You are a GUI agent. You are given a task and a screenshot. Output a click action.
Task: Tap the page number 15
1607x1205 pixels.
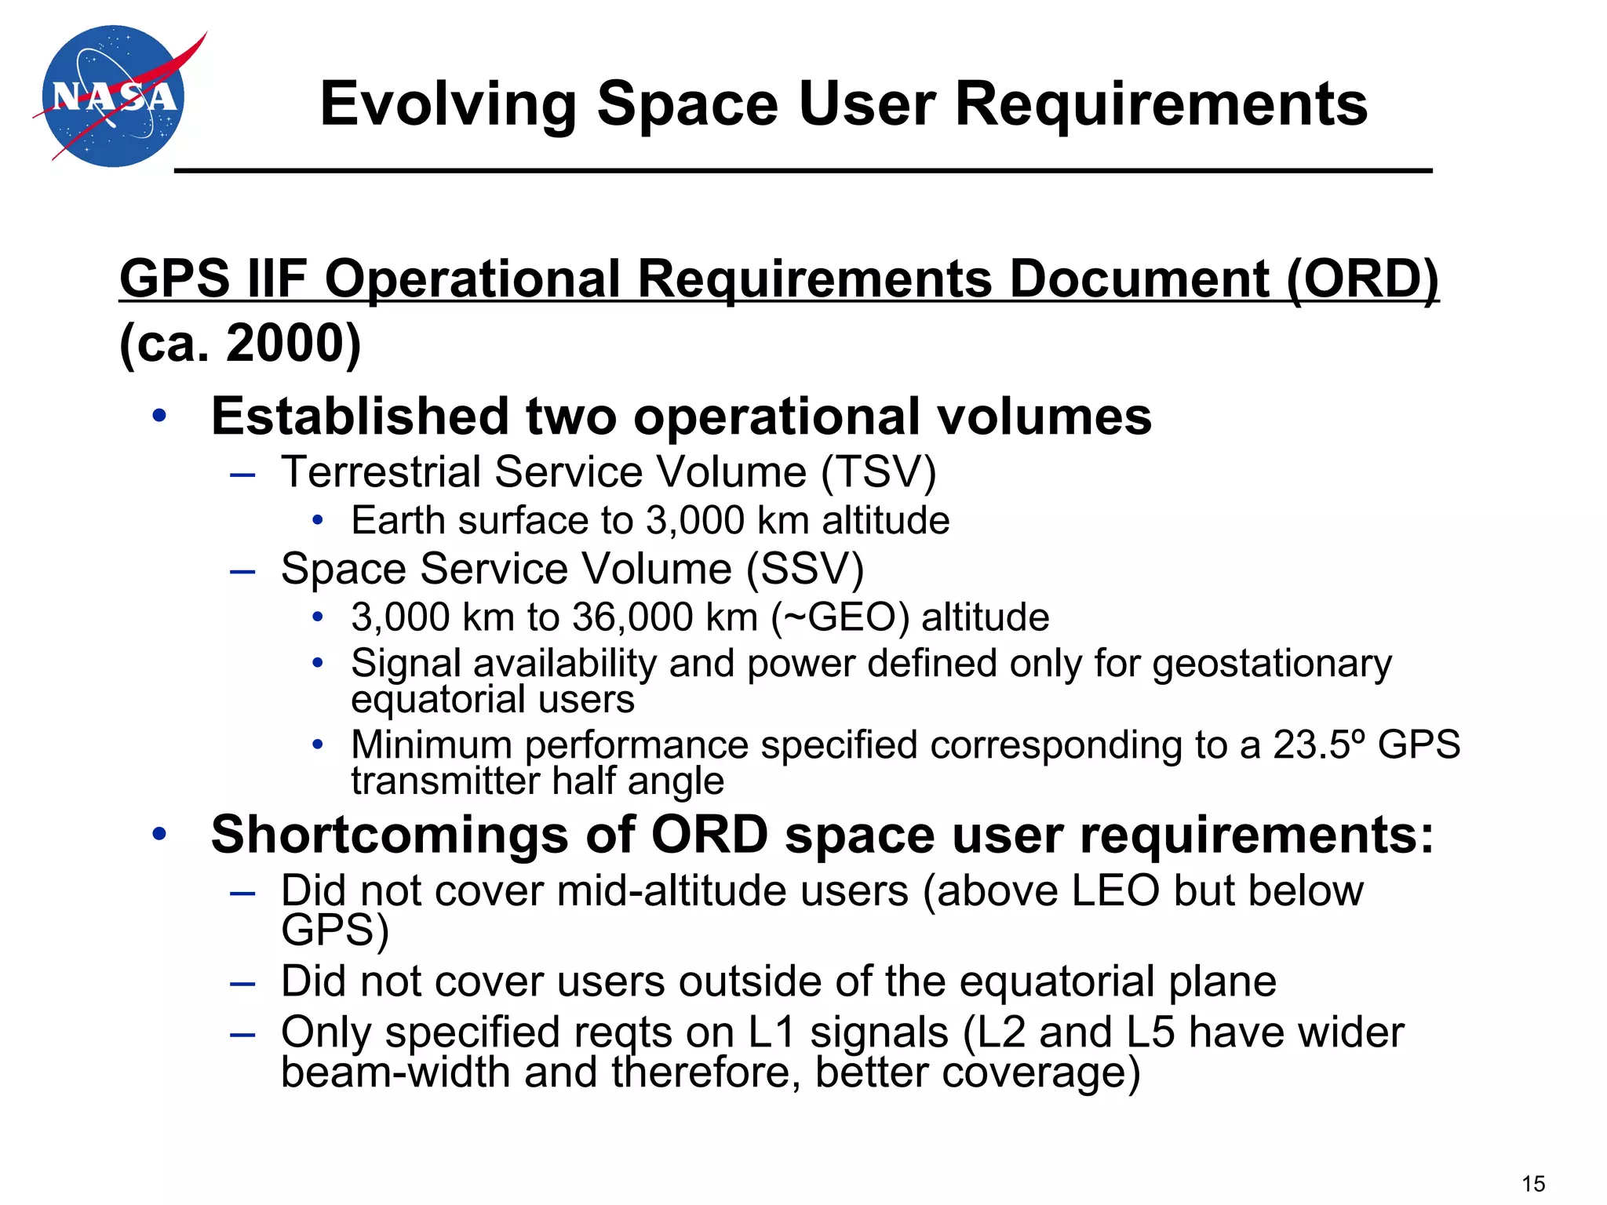pos(1533,1183)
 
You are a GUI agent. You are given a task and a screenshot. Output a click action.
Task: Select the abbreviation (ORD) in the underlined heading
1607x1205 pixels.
pos(1362,278)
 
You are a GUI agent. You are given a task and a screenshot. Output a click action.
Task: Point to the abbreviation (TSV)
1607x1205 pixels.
pos(879,472)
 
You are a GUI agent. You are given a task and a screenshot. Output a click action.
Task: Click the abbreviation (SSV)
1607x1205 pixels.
pos(805,569)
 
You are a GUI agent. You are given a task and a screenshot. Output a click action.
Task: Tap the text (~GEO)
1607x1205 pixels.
pos(840,617)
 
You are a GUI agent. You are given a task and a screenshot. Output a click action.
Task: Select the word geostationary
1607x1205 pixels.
pos(1272,664)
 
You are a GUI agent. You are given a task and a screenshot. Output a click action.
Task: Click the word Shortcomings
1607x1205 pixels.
pos(389,834)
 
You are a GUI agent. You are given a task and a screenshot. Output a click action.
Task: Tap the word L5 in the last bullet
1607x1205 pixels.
pos(1150,1032)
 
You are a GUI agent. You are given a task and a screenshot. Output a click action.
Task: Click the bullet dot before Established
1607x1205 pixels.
pos(160,416)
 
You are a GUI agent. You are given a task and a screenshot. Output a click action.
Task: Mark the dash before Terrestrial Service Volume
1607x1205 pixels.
pos(242,475)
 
